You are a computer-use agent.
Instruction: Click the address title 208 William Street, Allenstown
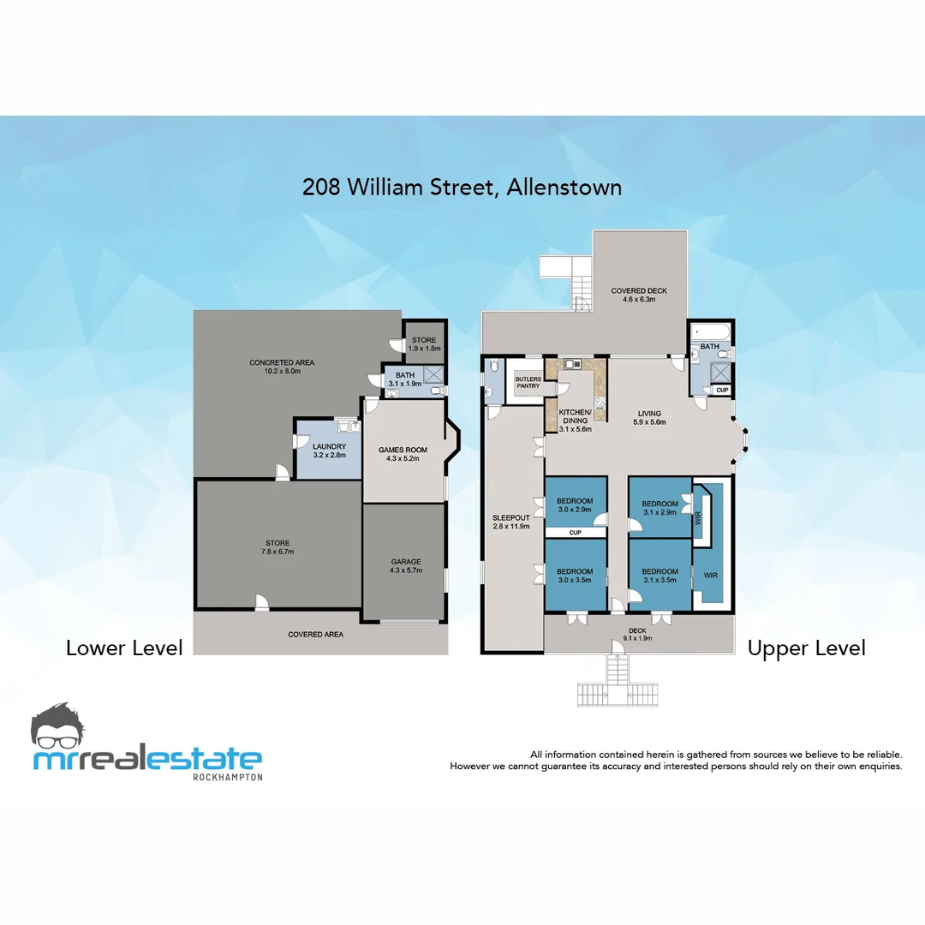pyautogui.click(x=462, y=187)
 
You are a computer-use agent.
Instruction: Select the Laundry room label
pyautogui.click(x=330, y=451)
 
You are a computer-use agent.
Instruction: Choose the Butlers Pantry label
pyautogui.click(x=528, y=382)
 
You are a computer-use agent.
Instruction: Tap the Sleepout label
pyautogui.click(x=511, y=522)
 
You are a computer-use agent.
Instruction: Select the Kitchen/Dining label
pyautogui.click(x=574, y=417)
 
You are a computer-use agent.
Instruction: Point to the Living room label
pyautogui.click(x=649, y=418)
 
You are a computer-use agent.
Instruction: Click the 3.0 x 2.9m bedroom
pyautogui.click(x=574, y=505)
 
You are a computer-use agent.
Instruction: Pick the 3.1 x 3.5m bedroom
pyautogui.click(x=659, y=576)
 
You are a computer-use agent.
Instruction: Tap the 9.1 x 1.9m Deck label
pyautogui.click(x=637, y=634)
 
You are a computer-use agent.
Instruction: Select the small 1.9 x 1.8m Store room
pyautogui.click(x=424, y=344)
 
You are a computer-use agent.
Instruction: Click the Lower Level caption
pyautogui.click(x=124, y=648)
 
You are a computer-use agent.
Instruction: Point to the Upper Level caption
pyautogui.click(x=806, y=648)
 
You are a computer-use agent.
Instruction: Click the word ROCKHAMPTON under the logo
pyautogui.click(x=228, y=777)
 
